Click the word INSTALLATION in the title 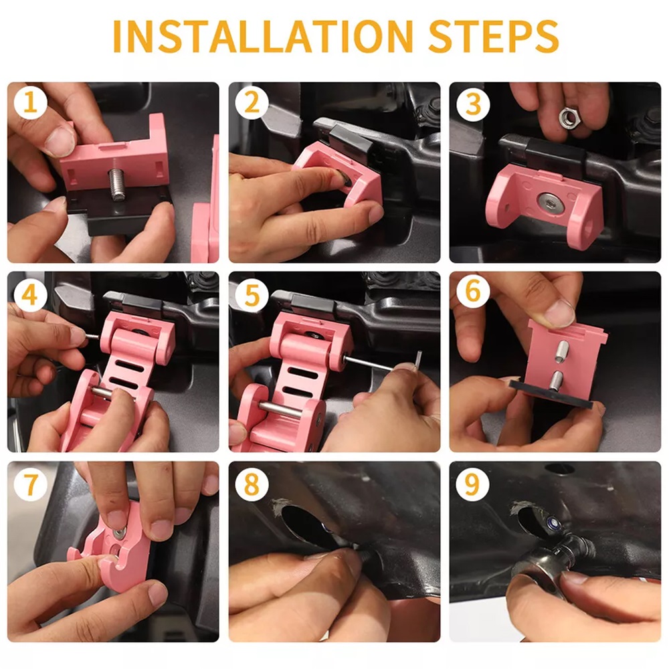click(263, 36)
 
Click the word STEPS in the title click(493, 36)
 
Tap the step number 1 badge click(30, 103)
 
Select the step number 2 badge click(252, 103)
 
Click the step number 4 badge click(29, 294)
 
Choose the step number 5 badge click(252, 294)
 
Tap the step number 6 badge click(473, 292)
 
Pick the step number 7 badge click(30, 484)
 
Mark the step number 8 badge click(252, 484)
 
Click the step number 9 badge click(473, 484)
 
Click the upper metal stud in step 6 click(563, 352)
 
